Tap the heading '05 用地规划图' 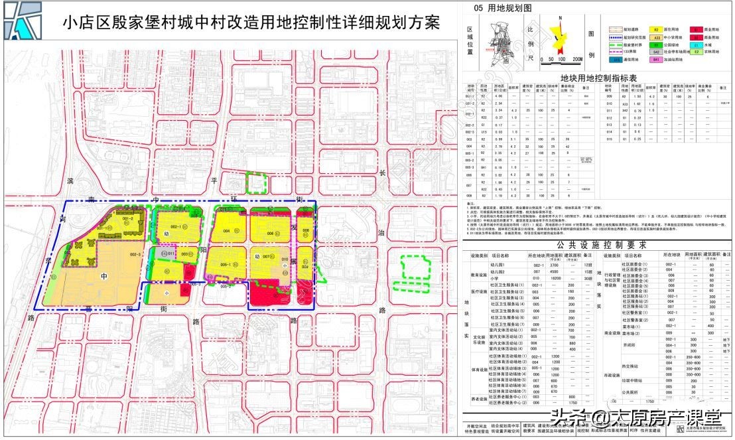pos(503,8)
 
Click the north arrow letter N pos(560,18)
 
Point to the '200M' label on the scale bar pos(576,59)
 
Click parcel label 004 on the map pos(226,231)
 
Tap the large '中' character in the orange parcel pos(103,276)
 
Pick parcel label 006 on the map pos(271,234)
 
